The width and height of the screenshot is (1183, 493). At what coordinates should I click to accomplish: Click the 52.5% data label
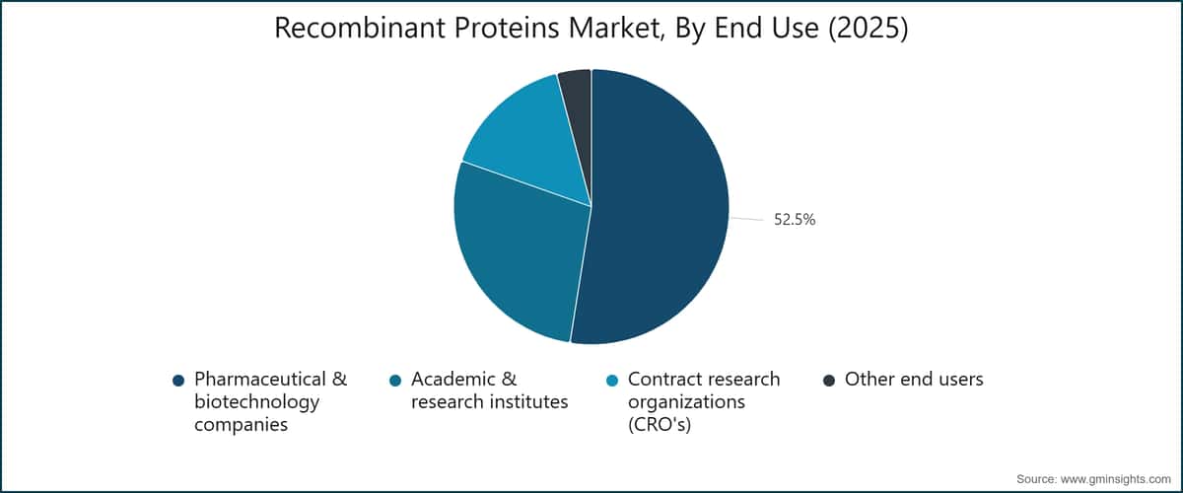(x=795, y=220)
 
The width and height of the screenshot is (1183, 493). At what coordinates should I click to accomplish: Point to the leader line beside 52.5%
(x=747, y=219)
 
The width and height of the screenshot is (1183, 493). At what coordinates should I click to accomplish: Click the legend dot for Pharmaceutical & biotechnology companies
(x=178, y=381)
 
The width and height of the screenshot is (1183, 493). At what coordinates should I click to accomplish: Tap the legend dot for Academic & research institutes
(x=395, y=381)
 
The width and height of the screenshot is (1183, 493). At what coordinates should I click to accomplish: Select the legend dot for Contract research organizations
(x=612, y=381)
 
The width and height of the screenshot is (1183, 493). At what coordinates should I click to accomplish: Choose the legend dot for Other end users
(x=829, y=381)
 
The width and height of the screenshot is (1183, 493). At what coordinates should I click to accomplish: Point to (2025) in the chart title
(x=868, y=28)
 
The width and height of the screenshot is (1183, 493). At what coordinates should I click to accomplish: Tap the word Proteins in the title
(x=507, y=28)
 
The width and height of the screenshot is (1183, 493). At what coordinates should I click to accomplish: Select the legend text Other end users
(x=914, y=380)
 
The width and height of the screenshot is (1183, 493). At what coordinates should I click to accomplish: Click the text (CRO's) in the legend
(x=660, y=424)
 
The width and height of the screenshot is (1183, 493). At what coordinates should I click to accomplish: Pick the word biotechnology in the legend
(x=256, y=402)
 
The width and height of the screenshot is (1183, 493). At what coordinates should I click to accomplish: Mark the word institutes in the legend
(x=528, y=401)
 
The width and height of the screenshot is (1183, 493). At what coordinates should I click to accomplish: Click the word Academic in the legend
(x=453, y=380)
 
